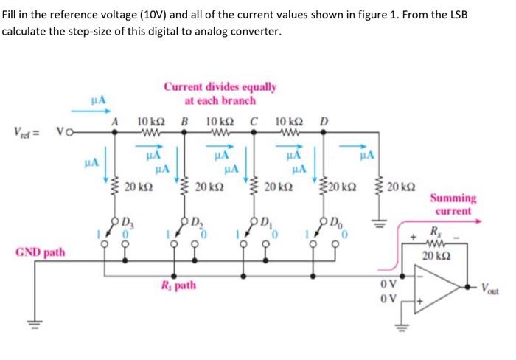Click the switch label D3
(128, 223)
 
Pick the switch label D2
(197, 223)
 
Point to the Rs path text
(178, 285)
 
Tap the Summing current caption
(453, 204)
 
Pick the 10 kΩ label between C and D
(290, 122)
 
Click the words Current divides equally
(220, 87)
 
